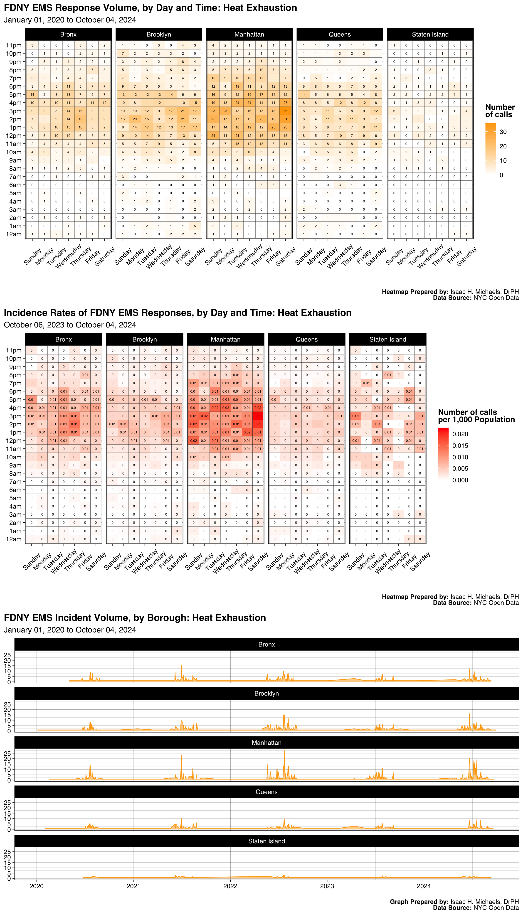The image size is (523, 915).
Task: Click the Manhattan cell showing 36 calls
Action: pyautogui.click(x=285, y=111)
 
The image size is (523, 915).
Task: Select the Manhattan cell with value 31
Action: pyautogui.click(x=285, y=119)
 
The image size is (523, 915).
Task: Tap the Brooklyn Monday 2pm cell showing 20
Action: pyautogui.click(x=135, y=119)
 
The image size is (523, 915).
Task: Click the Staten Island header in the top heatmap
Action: pyautogui.click(x=430, y=34)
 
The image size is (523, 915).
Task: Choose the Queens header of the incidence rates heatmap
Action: pyautogui.click(x=306, y=339)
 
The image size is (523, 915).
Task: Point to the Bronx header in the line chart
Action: pyautogui.click(x=266, y=644)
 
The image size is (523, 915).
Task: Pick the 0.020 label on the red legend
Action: pyautogui.click(x=460, y=434)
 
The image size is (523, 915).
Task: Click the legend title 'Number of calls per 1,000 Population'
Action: pyautogui.click(x=476, y=416)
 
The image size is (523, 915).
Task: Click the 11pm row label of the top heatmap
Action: pyautogui.click(x=14, y=45)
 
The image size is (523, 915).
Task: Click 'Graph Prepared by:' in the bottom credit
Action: pyautogui.click(x=419, y=902)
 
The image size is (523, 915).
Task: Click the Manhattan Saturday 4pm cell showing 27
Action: pyautogui.click(x=285, y=103)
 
